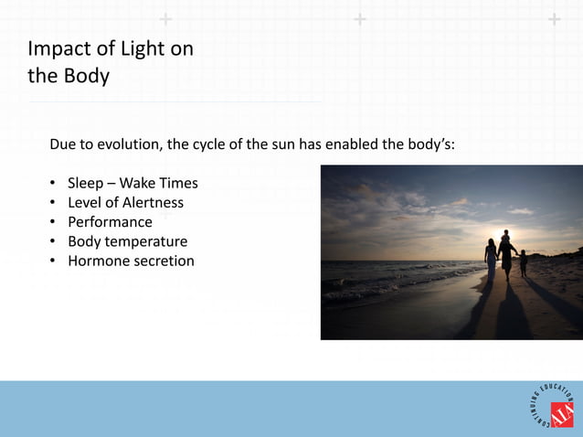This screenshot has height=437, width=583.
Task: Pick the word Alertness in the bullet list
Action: pyautogui.click(x=153, y=203)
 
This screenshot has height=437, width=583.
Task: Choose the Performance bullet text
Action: pyautogui.click(x=110, y=222)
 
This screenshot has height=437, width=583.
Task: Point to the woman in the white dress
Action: pyautogui.click(x=491, y=259)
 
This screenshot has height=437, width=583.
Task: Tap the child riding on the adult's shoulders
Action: pyautogui.click(x=505, y=237)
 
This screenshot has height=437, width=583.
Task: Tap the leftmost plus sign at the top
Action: pyautogui.click(x=164, y=18)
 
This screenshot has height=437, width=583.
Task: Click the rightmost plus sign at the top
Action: pyautogui.click(x=554, y=18)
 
